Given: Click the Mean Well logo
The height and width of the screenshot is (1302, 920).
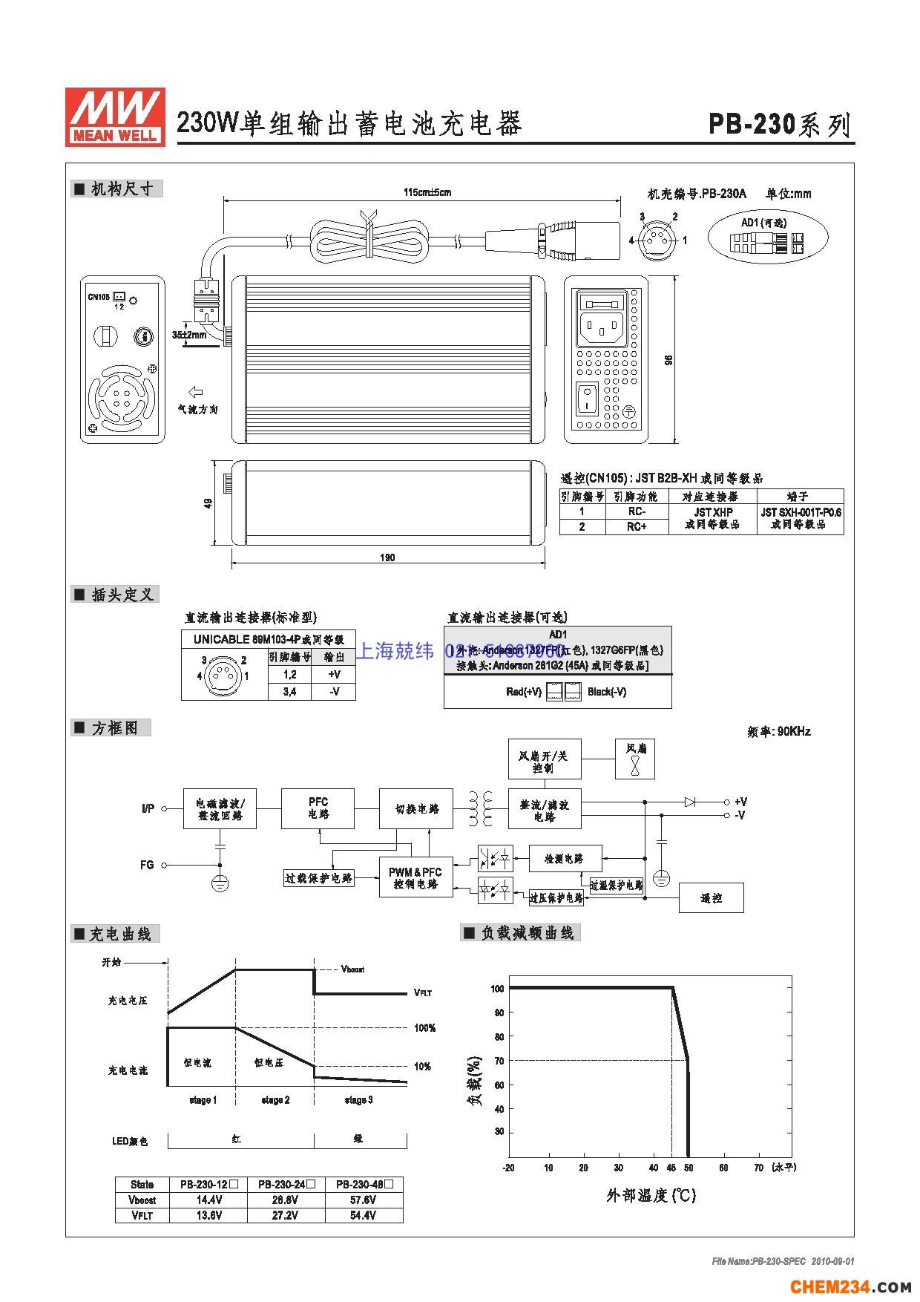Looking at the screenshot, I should point(115,117).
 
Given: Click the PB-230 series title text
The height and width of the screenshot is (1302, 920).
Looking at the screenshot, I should point(779,125).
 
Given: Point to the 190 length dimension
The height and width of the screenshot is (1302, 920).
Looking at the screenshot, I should point(387,557).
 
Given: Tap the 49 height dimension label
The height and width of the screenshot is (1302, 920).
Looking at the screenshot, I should point(208,503).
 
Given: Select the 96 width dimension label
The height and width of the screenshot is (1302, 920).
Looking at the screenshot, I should point(668,360).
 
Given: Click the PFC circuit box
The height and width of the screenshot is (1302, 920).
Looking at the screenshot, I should point(318,808).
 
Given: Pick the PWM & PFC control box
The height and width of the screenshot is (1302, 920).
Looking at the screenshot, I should point(415,877).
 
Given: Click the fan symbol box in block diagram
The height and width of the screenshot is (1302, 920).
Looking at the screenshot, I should point(635,759).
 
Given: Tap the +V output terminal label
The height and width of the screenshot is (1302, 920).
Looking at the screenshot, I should point(740,802).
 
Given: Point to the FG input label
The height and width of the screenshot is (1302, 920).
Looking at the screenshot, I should point(147,865).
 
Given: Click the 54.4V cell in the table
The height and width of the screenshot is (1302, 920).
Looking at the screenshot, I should point(364,1215).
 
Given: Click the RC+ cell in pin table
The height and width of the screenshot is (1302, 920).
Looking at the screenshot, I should point(637,526).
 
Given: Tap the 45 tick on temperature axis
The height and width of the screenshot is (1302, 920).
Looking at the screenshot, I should point(671,1168).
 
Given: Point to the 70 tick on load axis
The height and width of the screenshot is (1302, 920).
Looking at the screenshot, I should point(499,1061).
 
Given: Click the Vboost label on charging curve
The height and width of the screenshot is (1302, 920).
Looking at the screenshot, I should point(352,969).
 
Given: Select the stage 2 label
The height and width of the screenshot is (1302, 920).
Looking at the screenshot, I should point(275,1100).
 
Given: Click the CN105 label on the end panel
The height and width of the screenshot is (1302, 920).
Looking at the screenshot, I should point(98,297).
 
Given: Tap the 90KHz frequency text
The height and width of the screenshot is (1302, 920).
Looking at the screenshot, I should point(778,731).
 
